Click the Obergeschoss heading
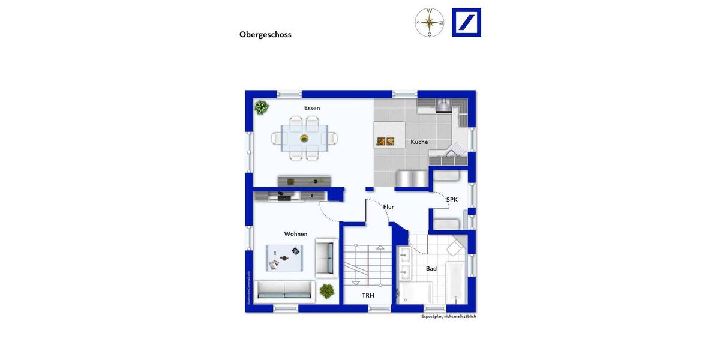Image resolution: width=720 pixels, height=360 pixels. coord(265,35)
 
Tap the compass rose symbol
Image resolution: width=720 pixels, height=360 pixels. coord(430,23)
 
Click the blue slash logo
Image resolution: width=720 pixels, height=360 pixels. coord(466,23)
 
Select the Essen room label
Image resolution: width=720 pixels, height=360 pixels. coord(312,108)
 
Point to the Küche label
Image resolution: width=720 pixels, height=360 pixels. coord(419,142)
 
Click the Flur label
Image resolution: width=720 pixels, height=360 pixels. coord(389,207)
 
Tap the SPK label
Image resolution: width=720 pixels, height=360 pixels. coord(452,200)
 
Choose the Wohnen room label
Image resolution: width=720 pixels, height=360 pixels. coord(296,234)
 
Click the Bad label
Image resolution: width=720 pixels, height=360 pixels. coord(431,269)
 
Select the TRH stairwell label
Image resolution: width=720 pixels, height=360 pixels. coord(368,296)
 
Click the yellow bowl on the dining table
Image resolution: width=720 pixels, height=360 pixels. coord(304,139)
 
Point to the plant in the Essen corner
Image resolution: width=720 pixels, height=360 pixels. coord(261,108)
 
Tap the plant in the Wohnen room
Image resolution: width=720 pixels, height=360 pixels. coord(326,291)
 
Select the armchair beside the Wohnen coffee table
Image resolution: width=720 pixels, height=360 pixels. coord(326,255)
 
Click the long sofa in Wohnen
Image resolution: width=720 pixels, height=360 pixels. coord(284,290)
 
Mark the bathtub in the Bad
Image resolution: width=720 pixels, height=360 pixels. coord(455,282)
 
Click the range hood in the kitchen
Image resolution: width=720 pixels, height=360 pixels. coord(443,106)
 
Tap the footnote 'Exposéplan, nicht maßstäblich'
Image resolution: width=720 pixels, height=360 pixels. coord(448,316)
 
